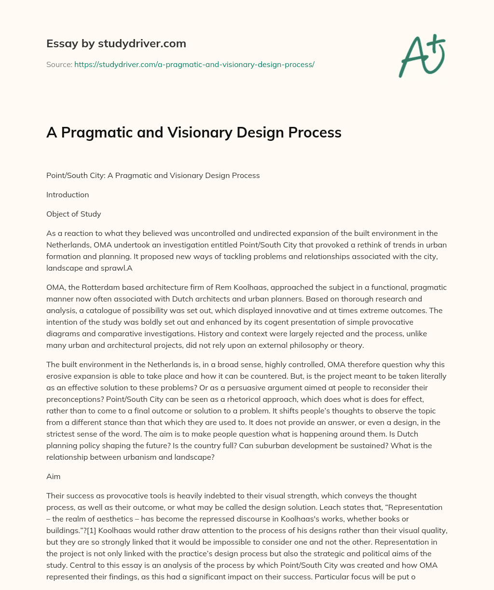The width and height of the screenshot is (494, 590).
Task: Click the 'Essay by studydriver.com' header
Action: (116, 44)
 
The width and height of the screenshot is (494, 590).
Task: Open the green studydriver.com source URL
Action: (194, 64)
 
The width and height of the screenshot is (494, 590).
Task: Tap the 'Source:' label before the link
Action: (59, 64)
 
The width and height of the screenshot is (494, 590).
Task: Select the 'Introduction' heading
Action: (68, 195)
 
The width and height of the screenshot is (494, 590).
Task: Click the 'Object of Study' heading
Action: (73, 214)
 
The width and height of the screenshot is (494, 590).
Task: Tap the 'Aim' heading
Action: (53, 476)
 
